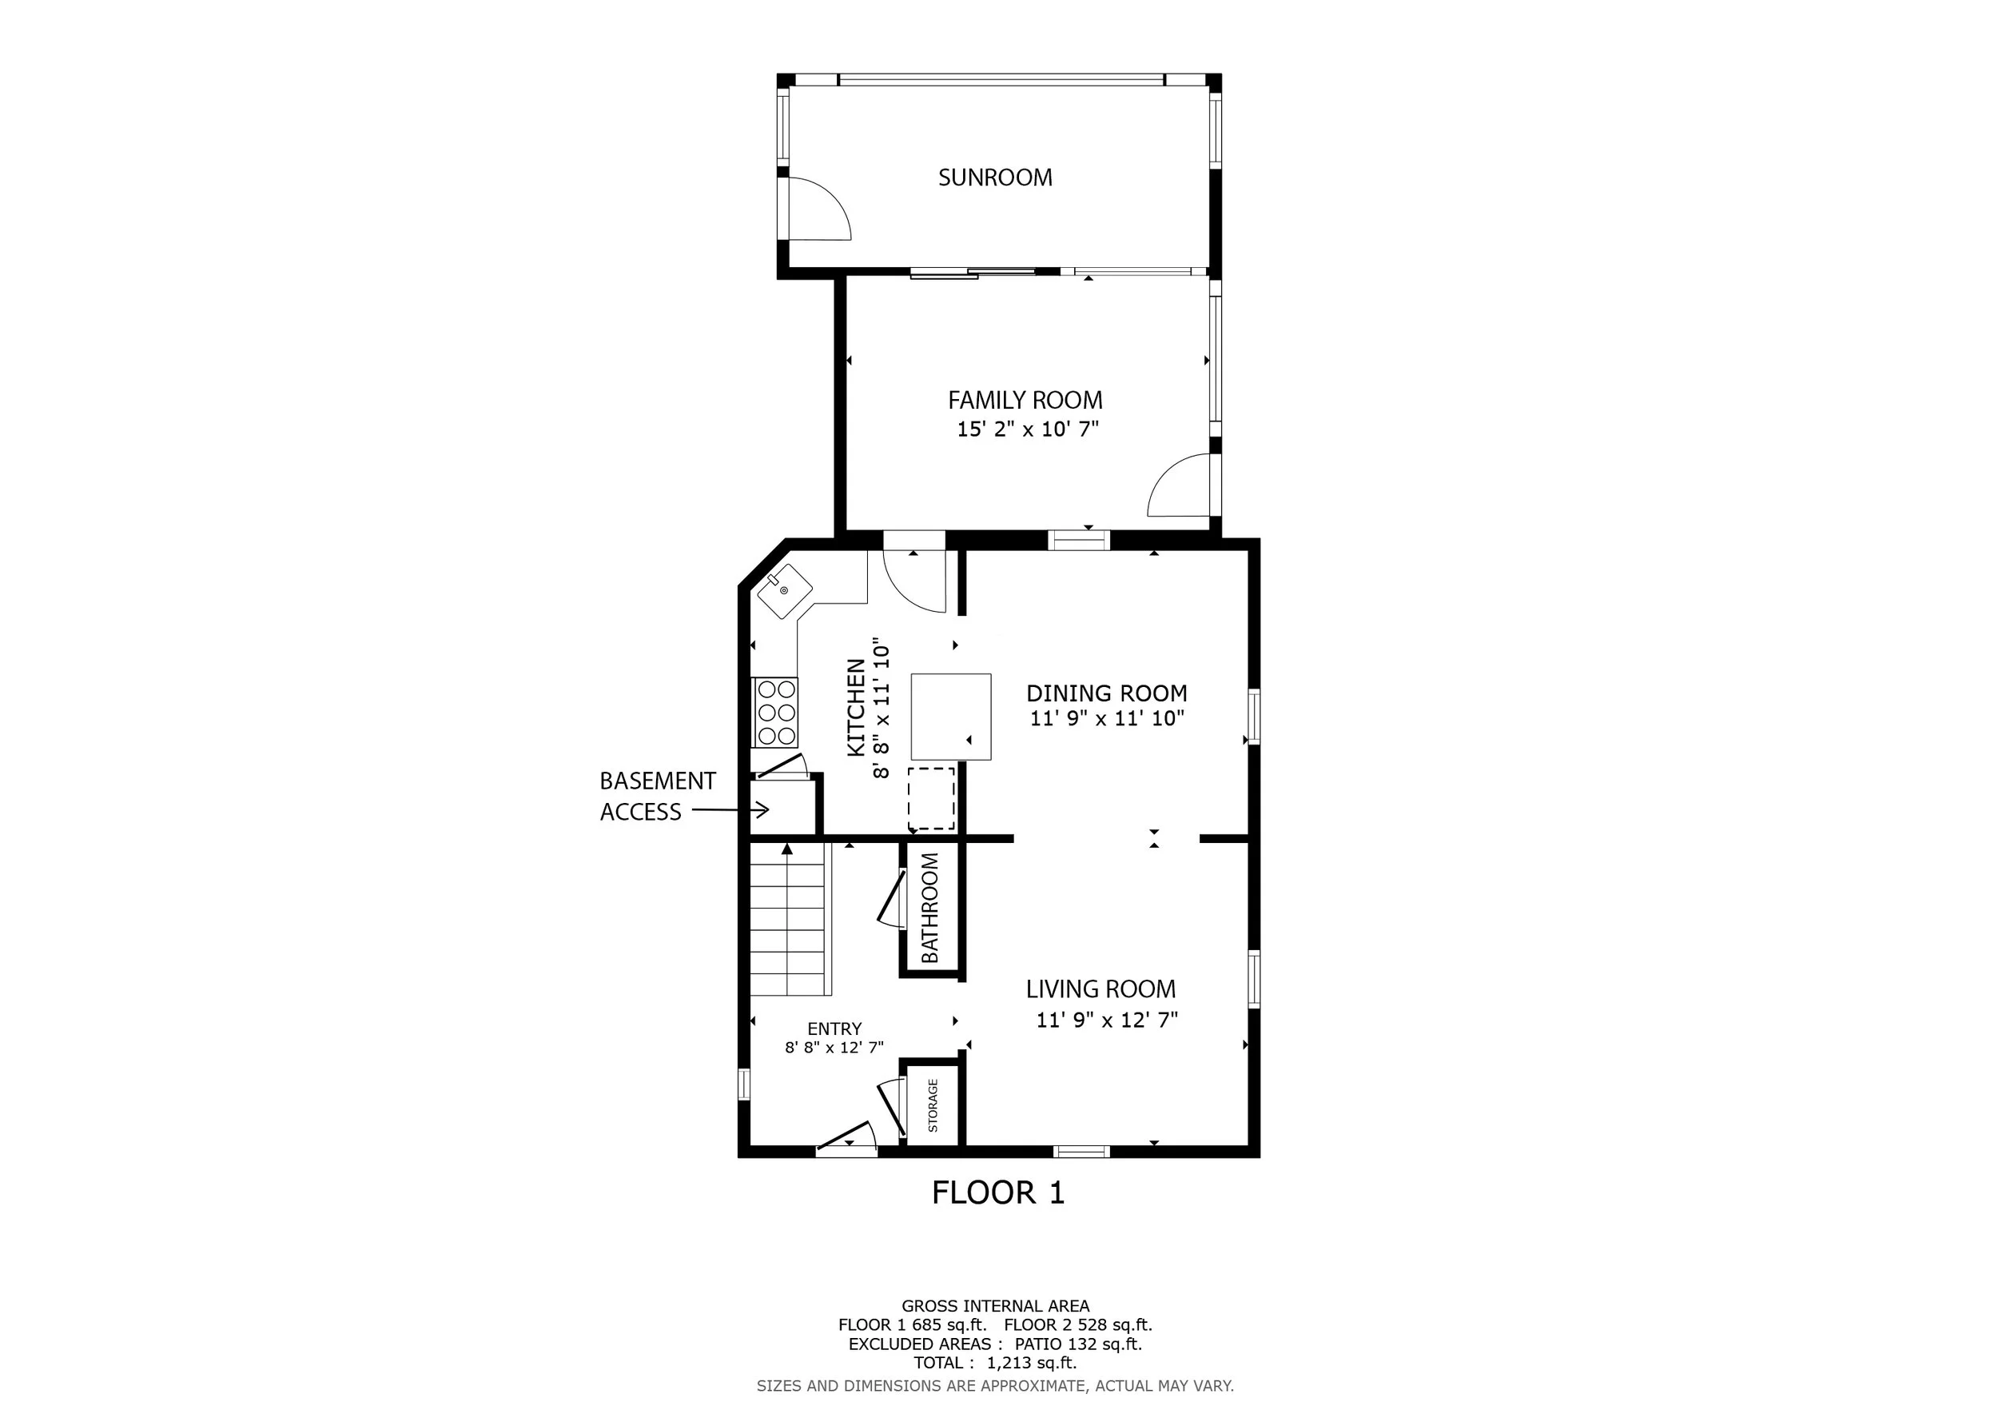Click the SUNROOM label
[x=995, y=178]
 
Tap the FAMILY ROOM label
[x=1025, y=401]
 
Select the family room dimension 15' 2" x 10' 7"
[x=1028, y=429]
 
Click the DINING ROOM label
[x=1106, y=693]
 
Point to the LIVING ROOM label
[x=1100, y=989]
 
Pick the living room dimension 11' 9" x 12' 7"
[x=1106, y=1019]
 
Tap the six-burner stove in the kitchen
[x=775, y=713]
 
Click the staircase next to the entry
[x=787, y=919]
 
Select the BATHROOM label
[x=929, y=907]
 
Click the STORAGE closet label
[x=933, y=1105]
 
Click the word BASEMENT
[x=658, y=781]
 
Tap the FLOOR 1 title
[x=998, y=1192]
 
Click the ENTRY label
[x=834, y=1029]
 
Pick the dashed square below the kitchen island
[x=931, y=798]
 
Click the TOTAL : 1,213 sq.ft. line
[x=995, y=1363]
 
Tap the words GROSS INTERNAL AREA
[x=995, y=1306]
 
